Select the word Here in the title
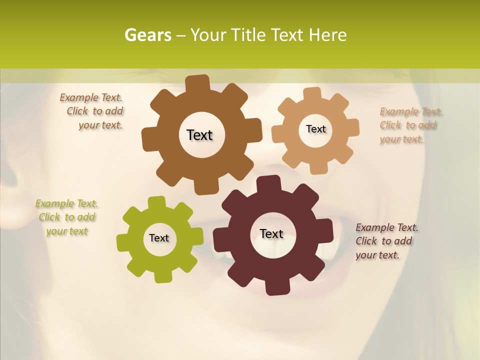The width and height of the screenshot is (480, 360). [327, 35]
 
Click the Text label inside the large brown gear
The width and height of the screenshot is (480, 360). [199, 135]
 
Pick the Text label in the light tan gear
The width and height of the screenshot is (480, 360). [315, 129]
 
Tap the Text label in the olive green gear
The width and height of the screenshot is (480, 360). [159, 238]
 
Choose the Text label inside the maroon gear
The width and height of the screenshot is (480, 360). [271, 234]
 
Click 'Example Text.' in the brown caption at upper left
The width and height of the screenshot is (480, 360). [91, 98]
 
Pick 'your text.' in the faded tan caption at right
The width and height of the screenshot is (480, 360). [401, 139]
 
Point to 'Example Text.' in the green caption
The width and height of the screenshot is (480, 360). [66, 204]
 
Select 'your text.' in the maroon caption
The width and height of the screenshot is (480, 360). [377, 255]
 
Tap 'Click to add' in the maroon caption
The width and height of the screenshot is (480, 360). [384, 241]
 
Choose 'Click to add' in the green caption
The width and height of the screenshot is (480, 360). [67, 217]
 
